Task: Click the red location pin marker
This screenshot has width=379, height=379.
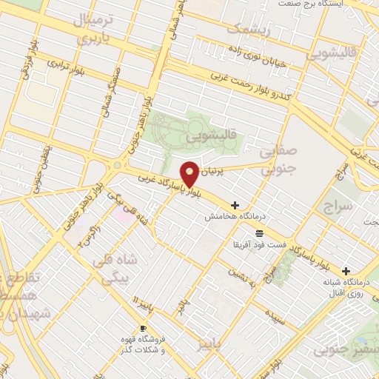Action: point(190,174)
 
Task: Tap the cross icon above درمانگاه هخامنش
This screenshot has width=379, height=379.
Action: point(235,205)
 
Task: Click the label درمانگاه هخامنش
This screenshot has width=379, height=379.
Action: point(225,216)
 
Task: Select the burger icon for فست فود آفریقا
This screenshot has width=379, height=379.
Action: point(259,233)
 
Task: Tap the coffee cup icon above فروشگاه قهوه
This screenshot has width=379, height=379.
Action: point(144,328)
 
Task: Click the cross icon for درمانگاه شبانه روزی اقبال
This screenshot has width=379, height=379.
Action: point(346,271)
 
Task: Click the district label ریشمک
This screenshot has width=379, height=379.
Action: point(244,30)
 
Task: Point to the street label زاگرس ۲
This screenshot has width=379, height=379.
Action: point(86,235)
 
